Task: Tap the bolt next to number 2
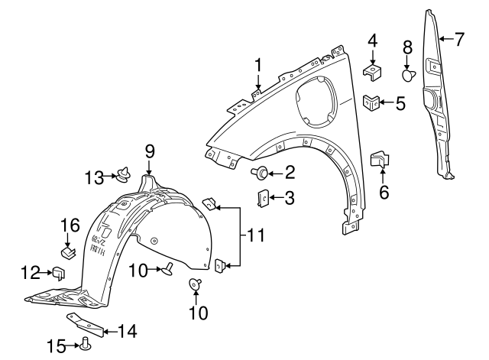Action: coord(262,174)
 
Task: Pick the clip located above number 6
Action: coord(380,159)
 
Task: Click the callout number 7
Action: coord(458,39)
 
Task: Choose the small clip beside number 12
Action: coord(57,271)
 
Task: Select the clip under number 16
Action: coord(67,249)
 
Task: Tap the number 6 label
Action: coord(384,192)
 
